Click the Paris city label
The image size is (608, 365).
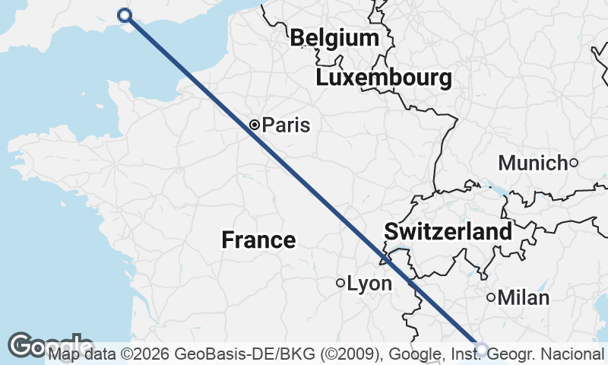coord(286,125)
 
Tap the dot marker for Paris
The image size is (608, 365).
coord(255,125)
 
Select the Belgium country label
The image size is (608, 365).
coord(334,38)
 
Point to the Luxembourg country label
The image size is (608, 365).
coord(384,78)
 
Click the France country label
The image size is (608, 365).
coord(258,240)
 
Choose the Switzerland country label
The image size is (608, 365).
coord(448,232)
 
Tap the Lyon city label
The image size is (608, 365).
coord(369,284)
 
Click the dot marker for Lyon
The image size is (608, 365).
coord(340,283)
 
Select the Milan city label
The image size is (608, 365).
coord(524,298)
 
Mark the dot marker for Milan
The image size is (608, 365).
coord(491,297)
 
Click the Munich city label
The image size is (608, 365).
coord(533,163)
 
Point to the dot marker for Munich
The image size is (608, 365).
coord(574,162)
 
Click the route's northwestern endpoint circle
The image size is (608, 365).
coord(125,15)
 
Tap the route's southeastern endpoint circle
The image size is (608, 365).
coord(481,348)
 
